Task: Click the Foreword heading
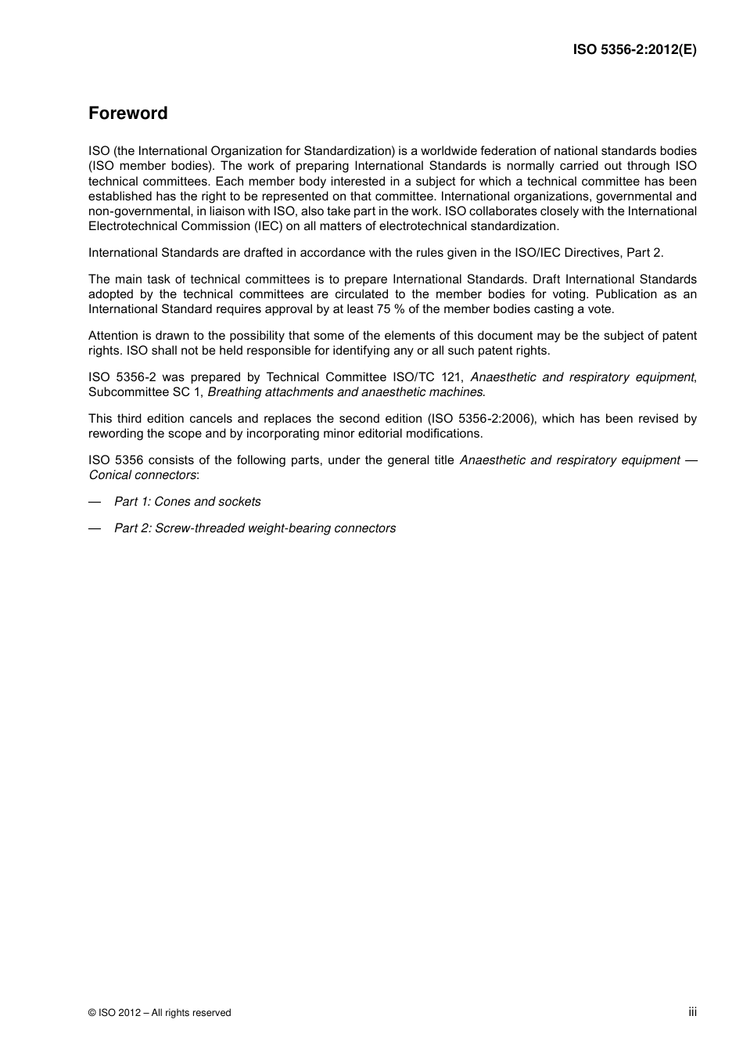127,113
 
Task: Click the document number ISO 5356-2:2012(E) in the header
634,49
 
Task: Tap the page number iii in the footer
692,1012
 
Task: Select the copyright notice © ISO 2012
160,1013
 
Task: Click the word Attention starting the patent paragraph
113,336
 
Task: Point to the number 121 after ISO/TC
451,377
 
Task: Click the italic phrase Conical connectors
142,475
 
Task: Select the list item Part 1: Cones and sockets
188,502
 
